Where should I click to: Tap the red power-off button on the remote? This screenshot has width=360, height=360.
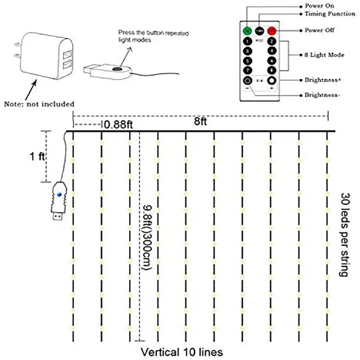click(271, 31)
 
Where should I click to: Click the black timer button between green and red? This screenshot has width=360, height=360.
click(259, 31)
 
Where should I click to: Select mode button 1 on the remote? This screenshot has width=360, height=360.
click(247, 42)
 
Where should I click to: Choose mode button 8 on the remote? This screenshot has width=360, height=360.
click(271, 70)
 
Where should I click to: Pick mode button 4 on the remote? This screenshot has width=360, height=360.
click(271, 51)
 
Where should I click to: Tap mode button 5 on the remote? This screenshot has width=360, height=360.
click(247, 61)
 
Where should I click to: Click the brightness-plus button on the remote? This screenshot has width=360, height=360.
click(271, 81)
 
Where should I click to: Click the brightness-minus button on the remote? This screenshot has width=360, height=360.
click(247, 81)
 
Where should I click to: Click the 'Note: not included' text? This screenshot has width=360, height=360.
click(39, 104)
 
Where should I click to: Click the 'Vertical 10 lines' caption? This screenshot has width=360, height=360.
click(181, 351)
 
